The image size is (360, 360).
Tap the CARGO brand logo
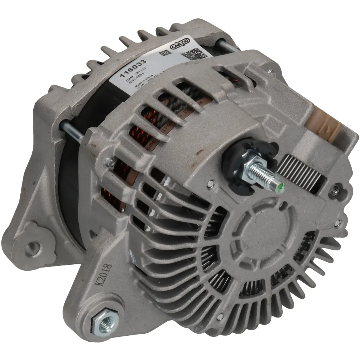point(180,45)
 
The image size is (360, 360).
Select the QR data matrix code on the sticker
point(193,54)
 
